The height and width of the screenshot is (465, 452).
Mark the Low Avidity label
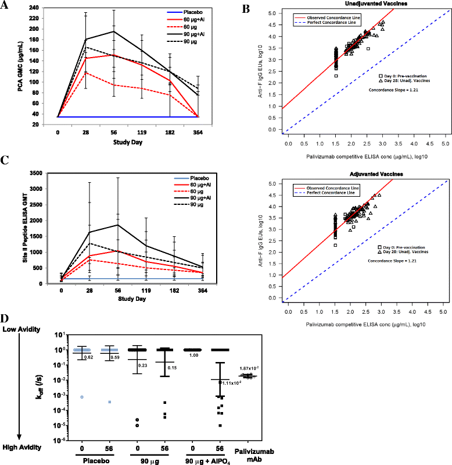click(21, 329)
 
